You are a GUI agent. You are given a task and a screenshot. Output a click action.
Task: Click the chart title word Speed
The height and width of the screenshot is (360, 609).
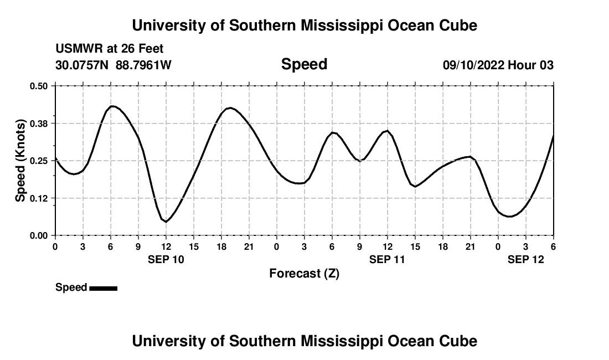click(x=304, y=64)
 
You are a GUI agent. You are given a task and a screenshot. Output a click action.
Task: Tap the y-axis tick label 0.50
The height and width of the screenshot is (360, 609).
click(x=39, y=86)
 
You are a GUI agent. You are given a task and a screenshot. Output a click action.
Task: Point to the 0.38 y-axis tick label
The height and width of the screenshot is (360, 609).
click(x=39, y=123)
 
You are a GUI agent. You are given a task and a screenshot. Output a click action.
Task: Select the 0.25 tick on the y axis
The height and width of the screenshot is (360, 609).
click(x=39, y=161)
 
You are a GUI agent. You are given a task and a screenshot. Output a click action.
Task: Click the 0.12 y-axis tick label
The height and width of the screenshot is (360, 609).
click(x=39, y=198)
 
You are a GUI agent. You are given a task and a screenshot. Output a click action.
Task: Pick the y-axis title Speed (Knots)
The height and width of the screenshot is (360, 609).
click(x=20, y=161)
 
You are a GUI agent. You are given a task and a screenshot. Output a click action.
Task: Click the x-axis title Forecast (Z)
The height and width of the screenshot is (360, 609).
click(x=304, y=273)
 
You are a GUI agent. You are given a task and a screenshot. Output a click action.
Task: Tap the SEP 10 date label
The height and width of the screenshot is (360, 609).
click(x=166, y=259)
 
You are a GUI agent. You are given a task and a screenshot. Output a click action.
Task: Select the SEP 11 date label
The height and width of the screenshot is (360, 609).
click(x=387, y=259)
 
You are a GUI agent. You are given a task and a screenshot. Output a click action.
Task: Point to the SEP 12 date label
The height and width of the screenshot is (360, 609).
click(x=526, y=259)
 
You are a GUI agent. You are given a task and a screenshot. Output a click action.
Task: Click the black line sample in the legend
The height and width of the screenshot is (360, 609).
click(x=103, y=288)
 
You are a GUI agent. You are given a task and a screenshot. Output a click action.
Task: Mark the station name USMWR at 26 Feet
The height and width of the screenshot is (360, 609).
click(x=110, y=49)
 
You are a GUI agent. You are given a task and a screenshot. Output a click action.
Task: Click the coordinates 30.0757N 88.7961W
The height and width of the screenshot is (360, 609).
click(x=113, y=65)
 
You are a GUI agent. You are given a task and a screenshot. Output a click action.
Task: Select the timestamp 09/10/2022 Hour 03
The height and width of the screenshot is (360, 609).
click(x=498, y=65)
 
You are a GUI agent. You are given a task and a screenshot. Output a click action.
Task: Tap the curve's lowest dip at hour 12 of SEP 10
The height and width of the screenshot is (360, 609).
click(x=166, y=222)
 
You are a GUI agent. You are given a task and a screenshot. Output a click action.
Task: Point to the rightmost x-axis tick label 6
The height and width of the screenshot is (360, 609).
click(x=553, y=246)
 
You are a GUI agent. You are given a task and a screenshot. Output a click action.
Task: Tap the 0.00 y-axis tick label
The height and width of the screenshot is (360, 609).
click(x=39, y=235)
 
